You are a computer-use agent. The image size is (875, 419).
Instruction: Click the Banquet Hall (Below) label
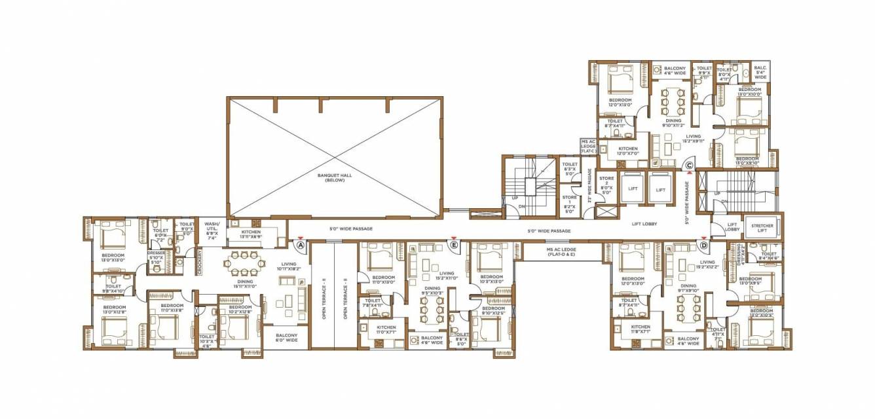pyautogui.click(x=335, y=177)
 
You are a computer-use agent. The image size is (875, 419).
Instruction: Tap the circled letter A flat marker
pyautogui.click(x=301, y=245)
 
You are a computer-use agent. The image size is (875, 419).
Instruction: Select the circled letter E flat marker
pyautogui.click(x=454, y=245)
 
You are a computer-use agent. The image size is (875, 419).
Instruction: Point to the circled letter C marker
pyautogui.click(x=689, y=166)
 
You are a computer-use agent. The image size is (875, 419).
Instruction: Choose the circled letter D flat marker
pyautogui.click(x=704, y=246)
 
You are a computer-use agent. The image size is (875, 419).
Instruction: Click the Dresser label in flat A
pyautogui.click(x=156, y=258)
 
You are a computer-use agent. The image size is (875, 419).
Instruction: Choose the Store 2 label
pyautogui.click(x=606, y=184)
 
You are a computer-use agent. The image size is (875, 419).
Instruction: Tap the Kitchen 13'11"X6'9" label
pyautogui.click(x=251, y=234)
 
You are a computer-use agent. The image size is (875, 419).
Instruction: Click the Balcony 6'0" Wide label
pyautogui.click(x=287, y=338)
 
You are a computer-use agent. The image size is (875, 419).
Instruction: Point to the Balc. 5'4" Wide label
pyautogui.click(x=760, y=72)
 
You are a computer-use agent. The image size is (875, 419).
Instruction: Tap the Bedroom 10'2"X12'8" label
pyautogui.click(x=240, y=309)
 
